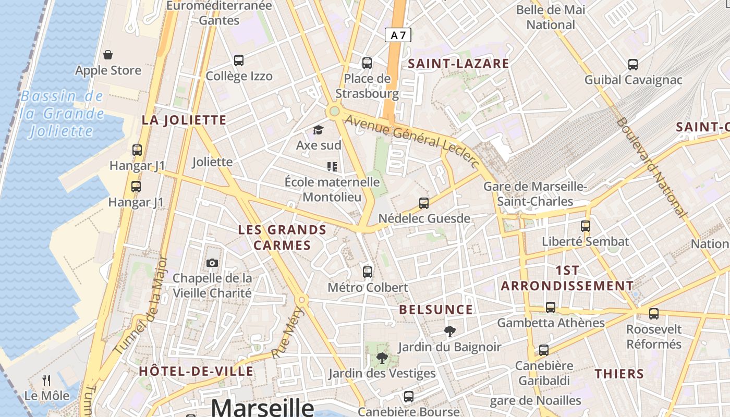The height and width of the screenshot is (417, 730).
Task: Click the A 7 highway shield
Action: pyautogui.click(x=398, y=35)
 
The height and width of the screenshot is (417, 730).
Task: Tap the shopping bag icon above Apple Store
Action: pyautogui.click(x=108, y=55)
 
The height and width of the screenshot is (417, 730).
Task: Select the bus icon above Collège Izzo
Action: pyautogui.click(x=239, y=60)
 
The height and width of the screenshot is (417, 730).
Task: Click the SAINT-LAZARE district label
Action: pyautogui.click(x=458, y=64)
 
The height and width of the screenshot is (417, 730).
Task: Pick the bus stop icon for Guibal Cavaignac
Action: pyautogui.click(x=633, y=65)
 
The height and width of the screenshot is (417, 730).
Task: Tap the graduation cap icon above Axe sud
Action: pyautogui.click(x=318, y=130)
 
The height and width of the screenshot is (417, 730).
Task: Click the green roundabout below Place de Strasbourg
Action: pyautogui.click(x=334, y=111)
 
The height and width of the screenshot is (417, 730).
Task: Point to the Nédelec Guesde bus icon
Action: pyautogui.click(x=424, y=203)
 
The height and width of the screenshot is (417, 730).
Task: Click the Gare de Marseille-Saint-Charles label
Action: pyautogui.click(x=535, y=194)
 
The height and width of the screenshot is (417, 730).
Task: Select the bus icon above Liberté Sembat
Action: pyautogui.click(x=586, y=226)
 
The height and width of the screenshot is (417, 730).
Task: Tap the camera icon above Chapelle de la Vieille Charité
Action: pyautogui.click(x=212, y=263)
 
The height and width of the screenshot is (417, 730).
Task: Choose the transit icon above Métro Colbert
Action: pyautogui.click(x=368, y=272)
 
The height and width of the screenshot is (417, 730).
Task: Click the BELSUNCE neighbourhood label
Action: pyautogui.click(x=436, y=310)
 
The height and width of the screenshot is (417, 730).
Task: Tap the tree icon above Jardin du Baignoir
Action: pyautogui.click(x=449, y=331)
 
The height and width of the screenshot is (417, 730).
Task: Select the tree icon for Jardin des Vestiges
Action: pyautogui.click(x=382, y=358)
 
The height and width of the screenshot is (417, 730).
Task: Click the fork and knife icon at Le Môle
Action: pyautogui.click(x=46, y=381)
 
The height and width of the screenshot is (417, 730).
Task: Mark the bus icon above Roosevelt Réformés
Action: pyautogui.click(x=654, y=314)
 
